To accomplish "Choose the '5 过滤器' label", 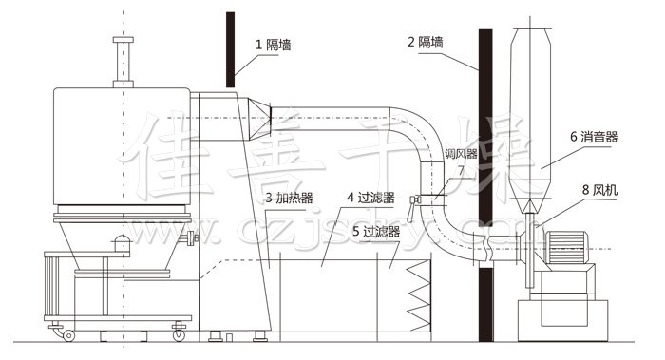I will click(374, 230).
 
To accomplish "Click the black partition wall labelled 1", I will click(231, 47).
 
